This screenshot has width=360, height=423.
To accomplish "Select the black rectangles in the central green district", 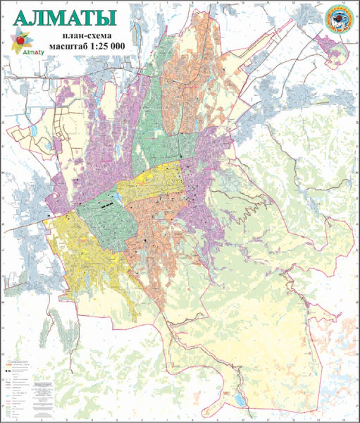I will [x=107, y=206].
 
